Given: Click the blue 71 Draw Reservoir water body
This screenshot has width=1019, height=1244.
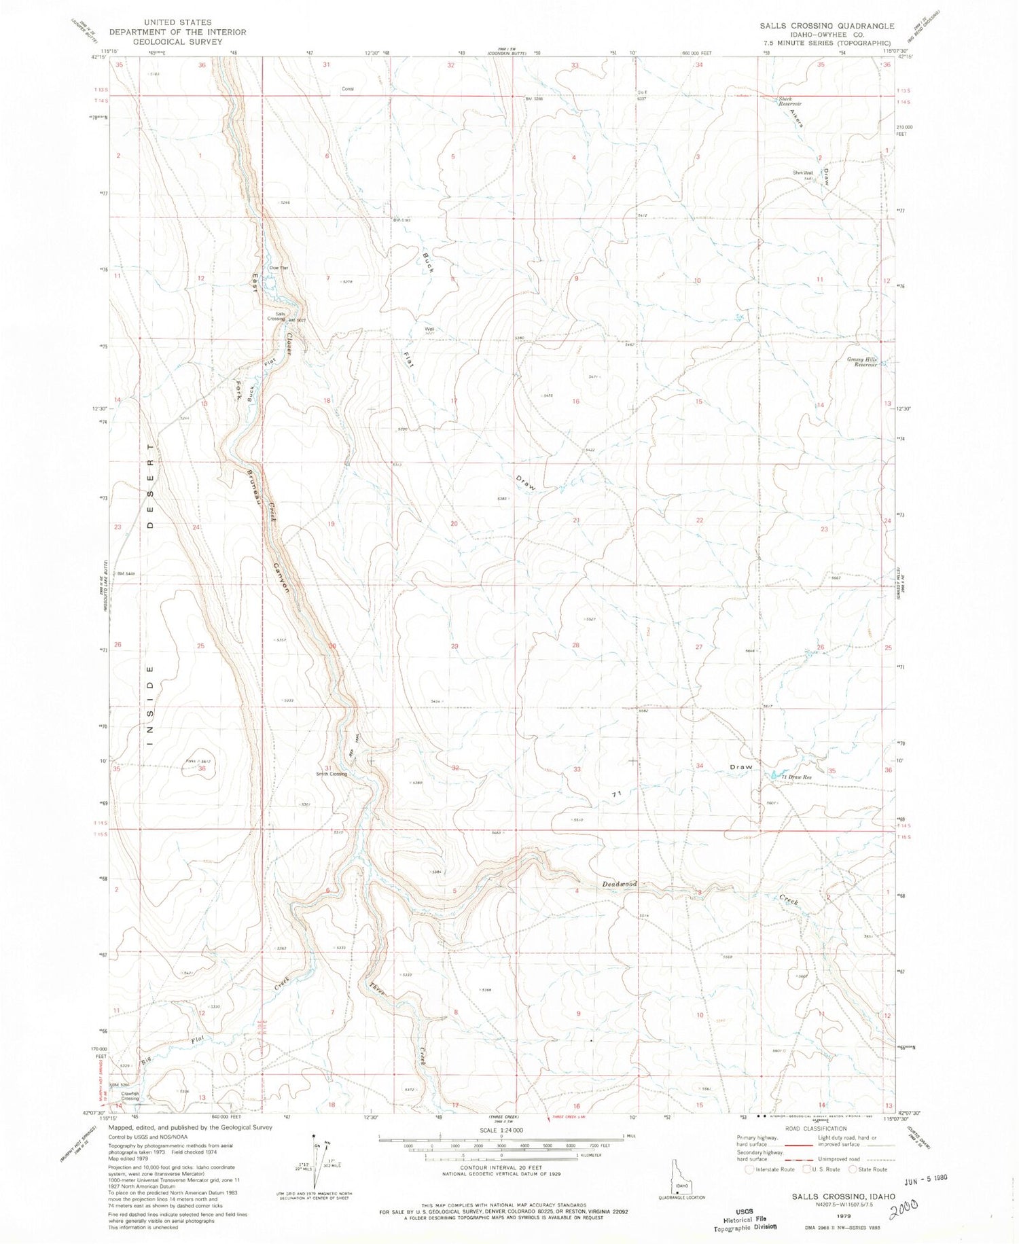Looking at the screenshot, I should click(774, 775).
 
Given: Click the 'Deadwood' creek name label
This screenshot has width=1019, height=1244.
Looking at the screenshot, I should click(620, 884).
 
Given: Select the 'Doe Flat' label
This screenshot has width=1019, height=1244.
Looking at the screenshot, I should click(279, 268).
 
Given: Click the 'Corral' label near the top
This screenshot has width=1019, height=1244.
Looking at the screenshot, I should click(348, 89).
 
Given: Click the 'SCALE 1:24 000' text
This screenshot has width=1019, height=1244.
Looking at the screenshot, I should click(501, 1129).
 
